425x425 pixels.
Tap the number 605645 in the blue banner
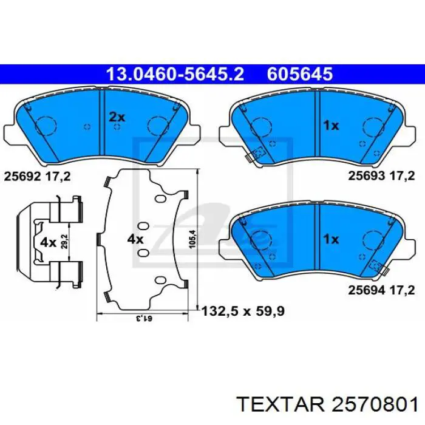[299, 74]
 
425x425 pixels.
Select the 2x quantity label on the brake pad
[116, 117]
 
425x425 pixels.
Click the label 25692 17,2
[38, 177]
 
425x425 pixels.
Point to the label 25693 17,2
[381, 177]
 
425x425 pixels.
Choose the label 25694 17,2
[381, 290]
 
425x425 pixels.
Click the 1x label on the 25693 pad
[330, 126]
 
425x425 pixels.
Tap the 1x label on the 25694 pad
[330, 239]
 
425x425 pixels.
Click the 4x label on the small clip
[48, 242]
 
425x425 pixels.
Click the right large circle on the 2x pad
[159, 126]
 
